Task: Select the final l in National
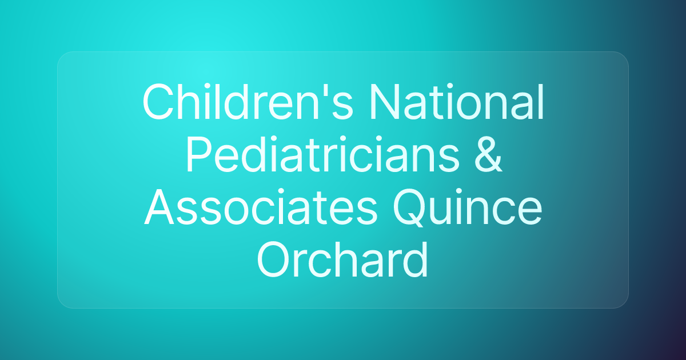click(x=540, y=103)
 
